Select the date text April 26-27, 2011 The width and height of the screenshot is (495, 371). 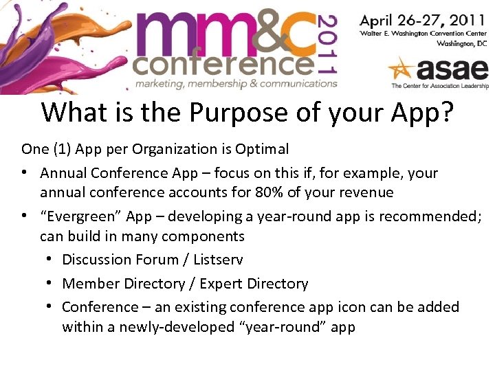[x=423, y=19]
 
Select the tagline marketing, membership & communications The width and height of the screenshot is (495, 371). [x=236, y=84]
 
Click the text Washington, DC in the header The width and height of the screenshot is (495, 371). [x=461, y=43]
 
